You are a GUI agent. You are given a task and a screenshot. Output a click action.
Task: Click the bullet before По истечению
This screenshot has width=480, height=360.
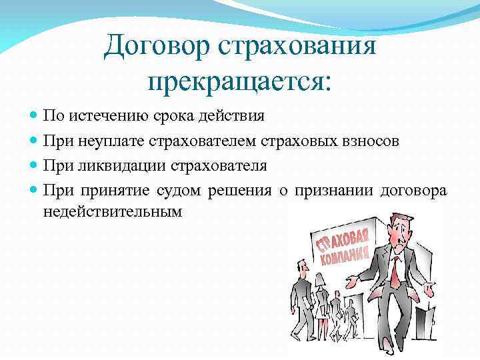point(35,116)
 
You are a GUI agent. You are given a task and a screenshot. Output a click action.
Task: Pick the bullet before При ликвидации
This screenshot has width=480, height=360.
point(35,165)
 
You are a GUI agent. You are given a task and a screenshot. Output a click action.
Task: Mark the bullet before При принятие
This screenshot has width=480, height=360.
point(35,190)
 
